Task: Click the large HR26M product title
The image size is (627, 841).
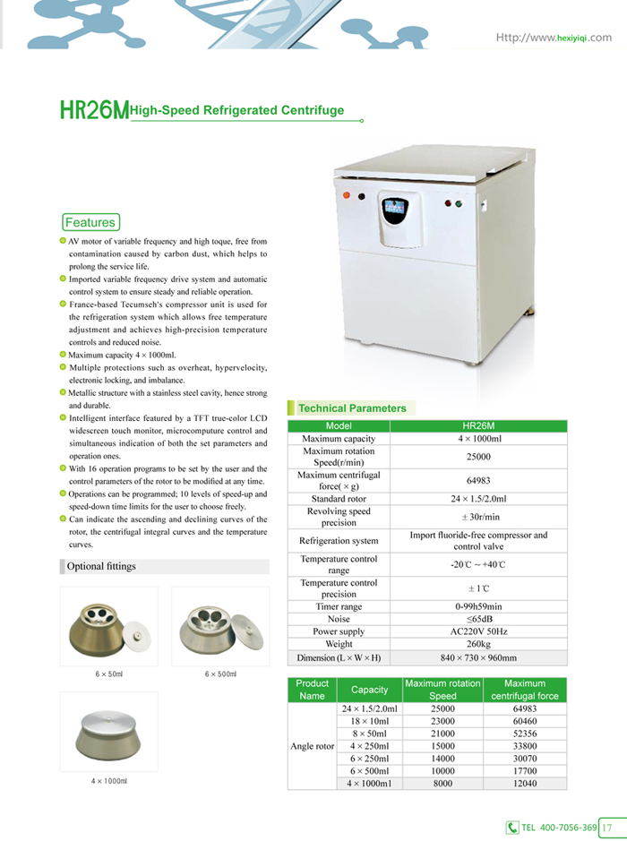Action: (x=94, y=111)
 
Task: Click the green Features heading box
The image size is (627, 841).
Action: (x=90, y=222)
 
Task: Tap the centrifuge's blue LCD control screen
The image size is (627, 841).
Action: (x=394, y=211)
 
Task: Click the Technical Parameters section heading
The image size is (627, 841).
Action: (x=352, y=408)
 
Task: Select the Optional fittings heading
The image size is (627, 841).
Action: (x=101, y=566)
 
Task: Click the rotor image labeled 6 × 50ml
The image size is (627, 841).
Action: (x=107, y=627)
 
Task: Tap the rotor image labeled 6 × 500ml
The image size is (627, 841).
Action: (x=219, y=627)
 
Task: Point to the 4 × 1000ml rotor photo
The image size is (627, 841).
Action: (x=108, y=734)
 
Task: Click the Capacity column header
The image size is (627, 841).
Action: (x=369, y=690)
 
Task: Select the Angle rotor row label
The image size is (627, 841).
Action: (x=313, y=746)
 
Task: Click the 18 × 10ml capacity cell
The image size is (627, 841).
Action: (x=369, y=721)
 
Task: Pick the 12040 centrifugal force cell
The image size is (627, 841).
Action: (x=524, y=784)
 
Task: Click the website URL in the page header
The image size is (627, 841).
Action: (x=554, y=38)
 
